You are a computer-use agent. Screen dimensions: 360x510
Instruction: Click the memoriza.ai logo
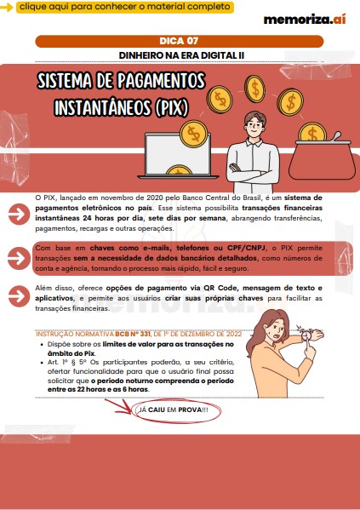click(x=305, y=20)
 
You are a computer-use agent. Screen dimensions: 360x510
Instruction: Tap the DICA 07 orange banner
click(x=180, y=42)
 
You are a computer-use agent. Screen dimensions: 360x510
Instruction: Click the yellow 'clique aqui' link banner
click(x=125, y=7)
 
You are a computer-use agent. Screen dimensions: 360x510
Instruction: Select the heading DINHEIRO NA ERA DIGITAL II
click(x=181, y=55)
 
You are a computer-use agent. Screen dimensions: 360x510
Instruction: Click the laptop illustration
click(x=178, y=156)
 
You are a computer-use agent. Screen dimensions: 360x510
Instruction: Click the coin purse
click(x=322, y=159)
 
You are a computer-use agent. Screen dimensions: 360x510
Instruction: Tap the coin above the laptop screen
click(x=194, y=134)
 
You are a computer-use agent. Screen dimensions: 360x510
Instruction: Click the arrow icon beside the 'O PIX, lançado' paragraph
click(x=19, y=214)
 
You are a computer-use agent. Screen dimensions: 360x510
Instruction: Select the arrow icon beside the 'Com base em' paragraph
click(x=19, y=258)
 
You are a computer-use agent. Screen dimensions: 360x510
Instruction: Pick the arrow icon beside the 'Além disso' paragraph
click(x=19, y=296)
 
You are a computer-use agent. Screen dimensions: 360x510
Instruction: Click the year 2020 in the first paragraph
click(x=155, y=198)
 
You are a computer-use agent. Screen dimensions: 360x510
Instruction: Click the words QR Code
click(x=220, y=288)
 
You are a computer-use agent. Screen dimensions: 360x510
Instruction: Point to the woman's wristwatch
click(x=306, y=334)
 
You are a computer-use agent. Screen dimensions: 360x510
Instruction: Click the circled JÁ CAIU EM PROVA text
click(x=174, y=410)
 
